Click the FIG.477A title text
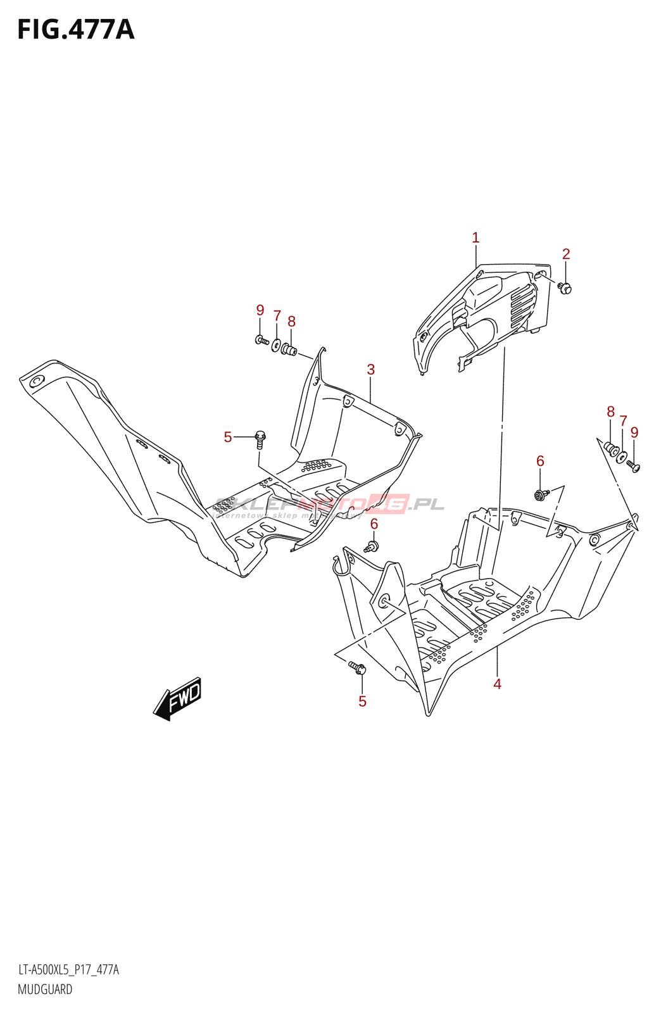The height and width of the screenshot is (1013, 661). point(76,29)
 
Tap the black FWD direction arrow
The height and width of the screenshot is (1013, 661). point(177,698)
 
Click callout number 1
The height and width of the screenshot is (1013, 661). point(475,238)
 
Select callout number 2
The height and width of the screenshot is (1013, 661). point(566,254)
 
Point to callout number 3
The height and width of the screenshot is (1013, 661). point(371,370)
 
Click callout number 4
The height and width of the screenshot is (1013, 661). point(498,684)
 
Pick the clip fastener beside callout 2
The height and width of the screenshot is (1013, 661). point(565,288)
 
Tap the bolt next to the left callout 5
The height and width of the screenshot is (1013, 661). point(260,437)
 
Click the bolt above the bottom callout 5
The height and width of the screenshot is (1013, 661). point(357,667)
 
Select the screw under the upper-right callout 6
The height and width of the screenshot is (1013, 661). point(540,494)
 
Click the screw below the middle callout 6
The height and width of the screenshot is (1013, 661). point(373,545)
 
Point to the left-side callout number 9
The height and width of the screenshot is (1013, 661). point(260,310)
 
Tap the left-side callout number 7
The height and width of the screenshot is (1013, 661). point(277,315)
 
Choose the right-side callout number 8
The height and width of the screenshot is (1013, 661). point(610,412)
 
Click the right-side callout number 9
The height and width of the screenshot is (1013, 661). point(634,432)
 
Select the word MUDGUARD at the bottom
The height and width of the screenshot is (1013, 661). point(45,990)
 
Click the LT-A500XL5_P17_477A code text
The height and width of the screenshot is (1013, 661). point(68,970)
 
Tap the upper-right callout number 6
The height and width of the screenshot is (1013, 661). point(540,461)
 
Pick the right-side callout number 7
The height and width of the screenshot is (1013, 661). point(623,421)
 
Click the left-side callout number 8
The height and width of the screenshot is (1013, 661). point(291,322)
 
